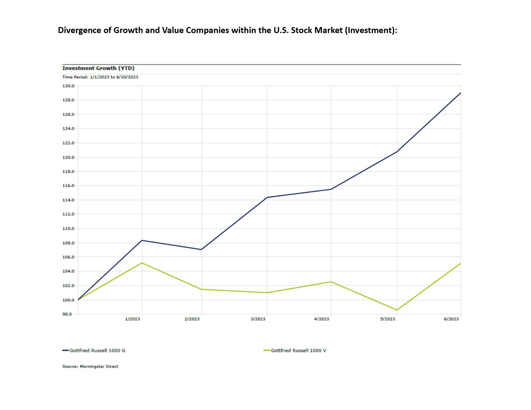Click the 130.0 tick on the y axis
68,86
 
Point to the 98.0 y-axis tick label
67,314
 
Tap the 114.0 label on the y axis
68,200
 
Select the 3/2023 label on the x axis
258,319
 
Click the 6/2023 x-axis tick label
451,319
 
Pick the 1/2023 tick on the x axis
132,319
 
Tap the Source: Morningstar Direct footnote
90,366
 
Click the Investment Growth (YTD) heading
98,68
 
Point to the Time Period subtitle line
100,77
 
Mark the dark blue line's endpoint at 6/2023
461,93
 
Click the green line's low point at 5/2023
397,310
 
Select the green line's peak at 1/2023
142,263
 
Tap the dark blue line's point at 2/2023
201,250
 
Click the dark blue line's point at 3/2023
267,197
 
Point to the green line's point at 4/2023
331,282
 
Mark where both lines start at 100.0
78,300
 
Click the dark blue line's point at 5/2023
397,152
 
